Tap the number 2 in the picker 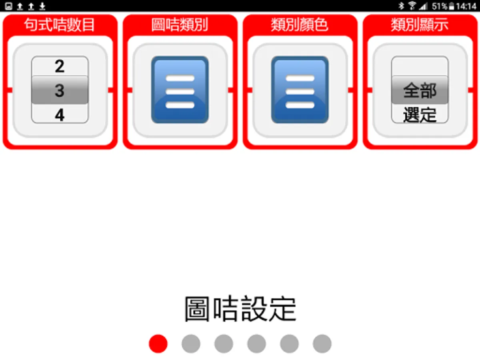point(60,66)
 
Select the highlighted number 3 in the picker point(60,90)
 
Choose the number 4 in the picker point(60,115)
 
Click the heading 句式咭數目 point(60,25)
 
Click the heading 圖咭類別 point(180,25)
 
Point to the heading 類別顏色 point(300,25)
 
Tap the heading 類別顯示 point(420,25)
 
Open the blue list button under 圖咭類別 point(180,90)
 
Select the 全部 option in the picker point(420,90)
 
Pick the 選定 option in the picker point(420,115)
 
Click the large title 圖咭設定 point(240,309)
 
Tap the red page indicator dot point(158,344)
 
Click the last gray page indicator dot point(322,344)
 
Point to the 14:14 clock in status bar point(466,6)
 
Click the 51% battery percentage point(440,6)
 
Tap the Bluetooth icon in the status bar point(401,6)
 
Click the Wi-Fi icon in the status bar point(412,6)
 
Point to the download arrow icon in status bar point(42,6)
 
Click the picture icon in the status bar point(8,6)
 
